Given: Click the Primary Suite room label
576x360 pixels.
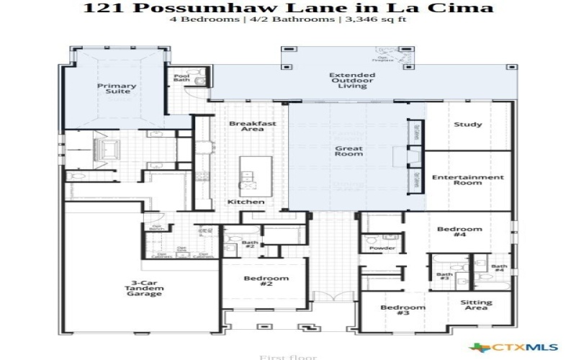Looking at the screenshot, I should pyautogui.click(x=117, y=89).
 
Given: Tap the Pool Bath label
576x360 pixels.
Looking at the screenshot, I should pyautogui.click(x=181, y=78).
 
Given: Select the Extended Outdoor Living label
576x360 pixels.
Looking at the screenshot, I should pyautogui.click(x=352, y=81).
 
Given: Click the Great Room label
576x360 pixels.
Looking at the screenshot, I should pyautogui.click(x=348, y=152).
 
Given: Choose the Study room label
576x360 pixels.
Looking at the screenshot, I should pyautogui.click(x=467, y=125).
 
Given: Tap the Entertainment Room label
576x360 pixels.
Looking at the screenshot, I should pyautogui.click(x=467, y=180).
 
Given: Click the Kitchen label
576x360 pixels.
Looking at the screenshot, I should pyautogui.click(x=246, y=202).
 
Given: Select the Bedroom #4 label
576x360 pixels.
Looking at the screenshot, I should pyautogui.click(x=459, y=233).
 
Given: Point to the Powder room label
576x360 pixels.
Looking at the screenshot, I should pyautogui.click(x=382, y=248).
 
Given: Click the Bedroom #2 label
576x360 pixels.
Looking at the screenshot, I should pyautogui.click(x=266, y=282).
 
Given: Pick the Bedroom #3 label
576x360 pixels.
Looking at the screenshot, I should pyautogui.click(x=403, y=311).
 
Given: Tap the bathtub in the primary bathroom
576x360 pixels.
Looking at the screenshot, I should pyautogui.click(x=111, y=150).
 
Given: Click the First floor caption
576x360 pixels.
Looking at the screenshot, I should pyautogui.click(x=277, y=356).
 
